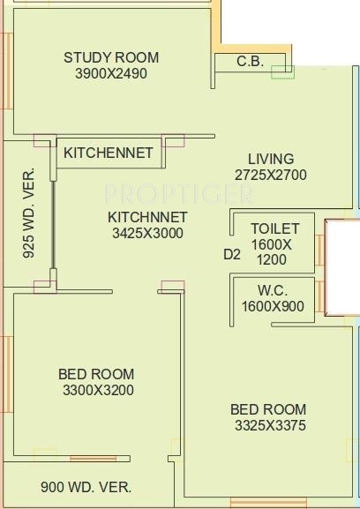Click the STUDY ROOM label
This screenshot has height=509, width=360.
click(x=111, y=58)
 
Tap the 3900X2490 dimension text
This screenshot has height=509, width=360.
click(x=111, y=74)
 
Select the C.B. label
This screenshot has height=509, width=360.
click(x=250, y=62)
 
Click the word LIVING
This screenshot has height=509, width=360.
click(x=271, y=159)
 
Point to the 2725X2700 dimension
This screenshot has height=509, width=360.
click(x=271, y=175)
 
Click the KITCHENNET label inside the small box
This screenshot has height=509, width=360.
click(x=109, y=153)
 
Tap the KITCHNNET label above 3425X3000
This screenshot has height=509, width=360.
click(x=147, y=217)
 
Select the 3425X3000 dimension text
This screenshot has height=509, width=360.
click(x=147, y=233)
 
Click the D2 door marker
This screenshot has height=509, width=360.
click(x=232, y=254)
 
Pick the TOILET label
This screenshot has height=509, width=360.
click(x=275, y=228)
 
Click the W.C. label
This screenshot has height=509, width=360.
click(x=273, y=290)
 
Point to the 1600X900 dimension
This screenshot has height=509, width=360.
click(x=273, y=306)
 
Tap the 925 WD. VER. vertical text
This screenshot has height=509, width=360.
click(x=29, y=213)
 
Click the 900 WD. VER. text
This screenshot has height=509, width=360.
click(x=86, y=487)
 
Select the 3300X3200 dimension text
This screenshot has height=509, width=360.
click(x=98, y=390)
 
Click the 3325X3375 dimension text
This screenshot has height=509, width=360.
click(x=270, y=425)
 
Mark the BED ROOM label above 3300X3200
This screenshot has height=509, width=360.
click(x=96, y=374)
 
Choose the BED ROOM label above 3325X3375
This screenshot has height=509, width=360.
click(x=268, y=409)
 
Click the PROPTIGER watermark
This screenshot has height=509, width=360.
click(x=179, y=194)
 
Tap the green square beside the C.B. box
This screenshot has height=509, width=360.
click(x=282, y=72)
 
